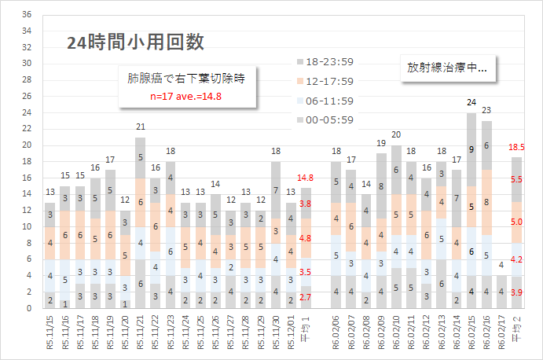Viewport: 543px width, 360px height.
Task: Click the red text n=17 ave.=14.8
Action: pyautogui.click(x=187, y=97)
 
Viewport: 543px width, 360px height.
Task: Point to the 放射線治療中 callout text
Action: pyautogui.click(x=447, y=68)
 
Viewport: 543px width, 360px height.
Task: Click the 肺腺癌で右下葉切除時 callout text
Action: pyautogui.click(x=187, y=79)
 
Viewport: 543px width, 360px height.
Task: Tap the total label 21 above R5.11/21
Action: pyautogui.click(x=141, y=127)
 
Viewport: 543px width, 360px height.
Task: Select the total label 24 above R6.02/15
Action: pyautogui.click(x=471, y=102)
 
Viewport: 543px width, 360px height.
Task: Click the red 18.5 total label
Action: pyautogui.click(x=517, y=147)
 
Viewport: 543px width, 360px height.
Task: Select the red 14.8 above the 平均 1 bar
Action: pyautogui.click(x=306, y=178)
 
